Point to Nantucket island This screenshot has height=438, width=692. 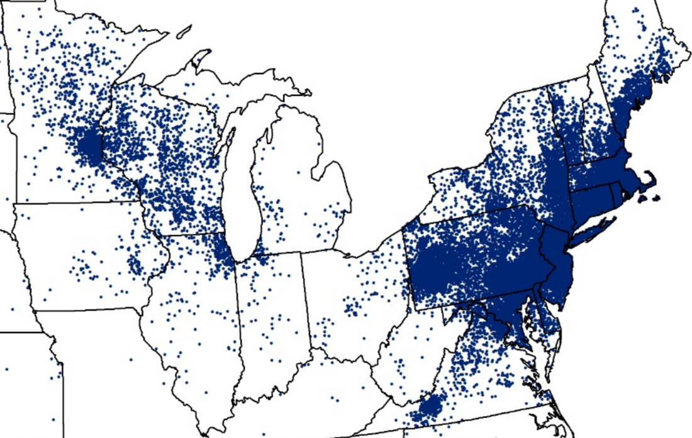[x=656, y=199]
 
